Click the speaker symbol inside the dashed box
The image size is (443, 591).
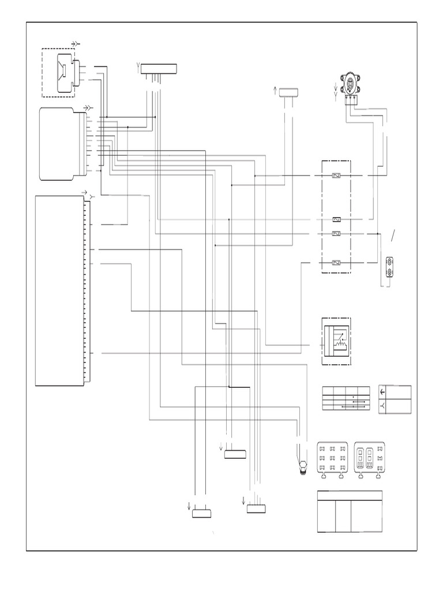click(63, 73)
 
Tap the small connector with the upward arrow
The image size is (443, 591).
click(289, 92)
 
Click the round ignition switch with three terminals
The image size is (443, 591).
click(350, 86)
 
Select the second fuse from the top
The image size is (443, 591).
click(337, 219)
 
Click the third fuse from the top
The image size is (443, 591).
click(337, 233)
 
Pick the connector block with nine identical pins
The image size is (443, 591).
click(332, 458)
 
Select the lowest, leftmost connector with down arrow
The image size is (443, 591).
click(202, 514)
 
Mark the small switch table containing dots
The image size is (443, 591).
click(346, 398)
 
